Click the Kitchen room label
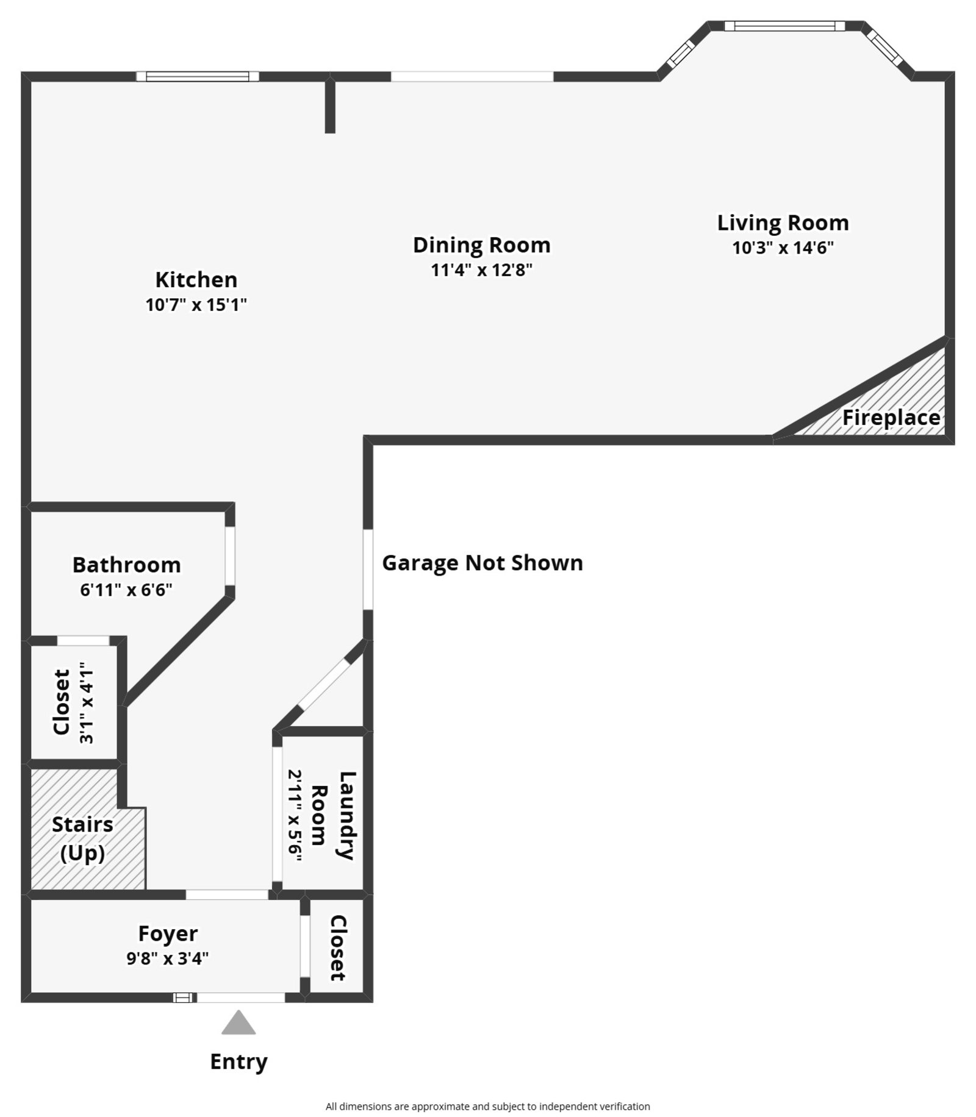click(196, 279)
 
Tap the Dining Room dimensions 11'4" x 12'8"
click(481, 269)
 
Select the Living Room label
click(783, 223)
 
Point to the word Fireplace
click(891, 418)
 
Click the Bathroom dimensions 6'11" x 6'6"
click(126, 590)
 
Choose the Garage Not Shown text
click(482, 562)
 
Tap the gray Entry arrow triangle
click(239, 1024)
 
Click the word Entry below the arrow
click(239, 1062)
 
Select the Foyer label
click(168, 933)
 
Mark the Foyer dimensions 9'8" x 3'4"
click(168, 958)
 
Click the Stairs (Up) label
click(82, 838)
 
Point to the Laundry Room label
click(332, 815)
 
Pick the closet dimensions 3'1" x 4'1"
click(87, 702)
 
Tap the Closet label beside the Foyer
click(338, 947)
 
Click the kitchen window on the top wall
click(198, 76)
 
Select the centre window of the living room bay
click(784, 26)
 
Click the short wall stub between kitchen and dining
click(330, 105)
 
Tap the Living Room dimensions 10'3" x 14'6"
click(783, 248)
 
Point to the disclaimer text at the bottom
click(487, 1106)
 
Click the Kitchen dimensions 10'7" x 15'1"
click(196, 304)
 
